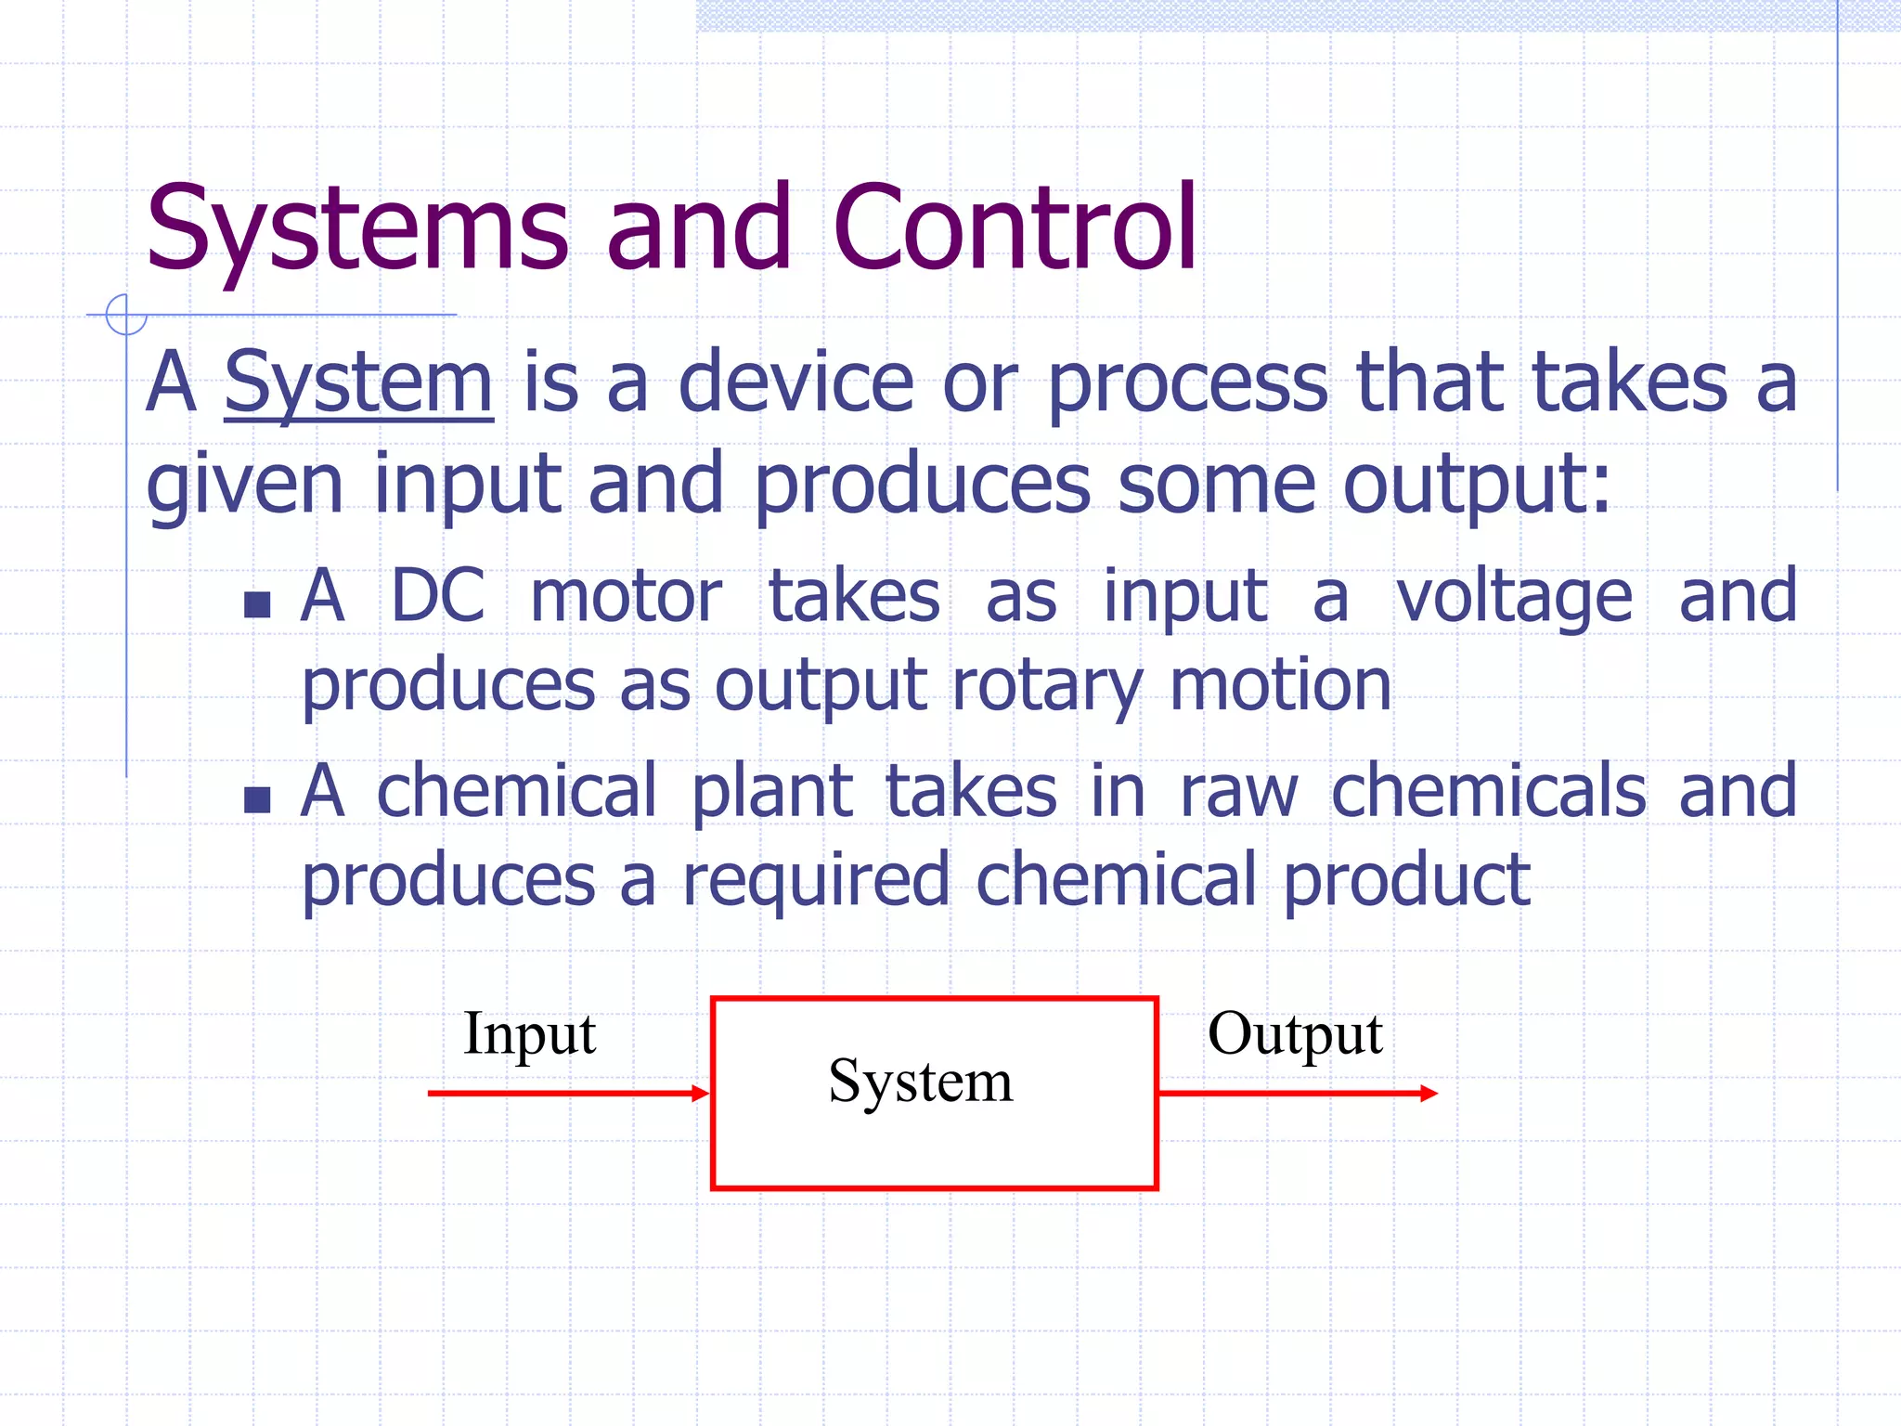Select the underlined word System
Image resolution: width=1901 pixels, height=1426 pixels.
point(358,382)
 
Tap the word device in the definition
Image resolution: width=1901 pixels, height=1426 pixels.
point(796,382)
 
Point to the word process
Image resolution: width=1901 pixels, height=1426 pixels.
point(1188,382)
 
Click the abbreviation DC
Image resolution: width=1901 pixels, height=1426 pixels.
point(438,595)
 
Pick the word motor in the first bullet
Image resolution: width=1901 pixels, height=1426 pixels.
point(626,595)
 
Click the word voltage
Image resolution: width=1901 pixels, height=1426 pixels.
point(1515,595)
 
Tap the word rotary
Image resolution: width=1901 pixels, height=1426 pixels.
point(1047,685)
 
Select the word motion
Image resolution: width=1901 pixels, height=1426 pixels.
point(1281,685)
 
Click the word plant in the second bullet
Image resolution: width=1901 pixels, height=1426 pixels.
point(772,791)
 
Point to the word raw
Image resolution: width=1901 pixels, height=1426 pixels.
point(1238,791)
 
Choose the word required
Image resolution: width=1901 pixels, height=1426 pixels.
point(817,880)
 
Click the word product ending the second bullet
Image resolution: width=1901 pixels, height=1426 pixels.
point(1407,880)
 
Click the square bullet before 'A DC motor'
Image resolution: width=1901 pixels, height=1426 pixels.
point(257,605)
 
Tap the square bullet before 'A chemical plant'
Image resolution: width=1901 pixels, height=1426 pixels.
point(257,799)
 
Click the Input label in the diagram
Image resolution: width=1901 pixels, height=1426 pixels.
point(529,1033)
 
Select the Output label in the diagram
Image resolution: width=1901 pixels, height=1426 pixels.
point(1295,1033)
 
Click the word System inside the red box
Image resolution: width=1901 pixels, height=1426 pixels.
point(921,1082)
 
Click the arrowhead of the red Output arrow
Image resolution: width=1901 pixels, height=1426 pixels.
point(1429,1094)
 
